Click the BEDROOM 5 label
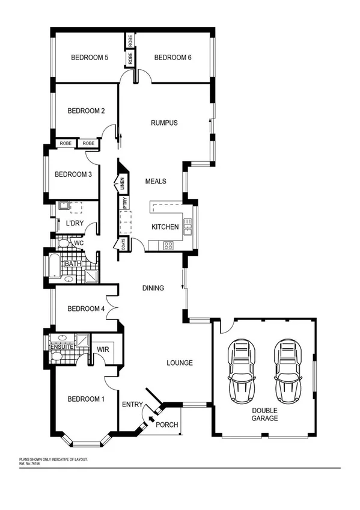(x=90, y=58)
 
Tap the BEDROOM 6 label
(x=172, y=58)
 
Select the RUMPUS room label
(x=163, y=123)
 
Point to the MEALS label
(x=156, y=181)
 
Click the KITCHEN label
(x=165, y=227)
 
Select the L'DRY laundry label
(x=75, y=224)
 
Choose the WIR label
(x=102, y=349)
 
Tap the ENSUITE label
(x=62, y=347)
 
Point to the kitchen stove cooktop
(x=168, y=245)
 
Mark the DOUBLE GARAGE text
(x=264, y=414)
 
